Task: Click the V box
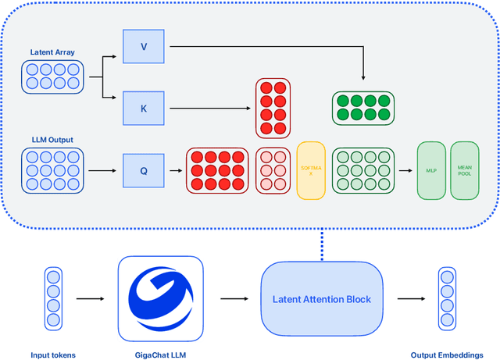tap(143, 46)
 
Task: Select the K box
tap(143, 109)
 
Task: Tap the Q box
tap(143, 169)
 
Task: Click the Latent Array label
tap(52, 52)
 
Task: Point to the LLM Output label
tap(52, 140)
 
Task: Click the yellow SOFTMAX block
tap(310, 170)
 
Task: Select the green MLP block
tap(431, 169)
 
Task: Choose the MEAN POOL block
tap(465, 169)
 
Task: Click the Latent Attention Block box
tap(322, 298)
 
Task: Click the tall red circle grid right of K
tap(273, 108)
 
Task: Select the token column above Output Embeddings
tap(446, 298)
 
